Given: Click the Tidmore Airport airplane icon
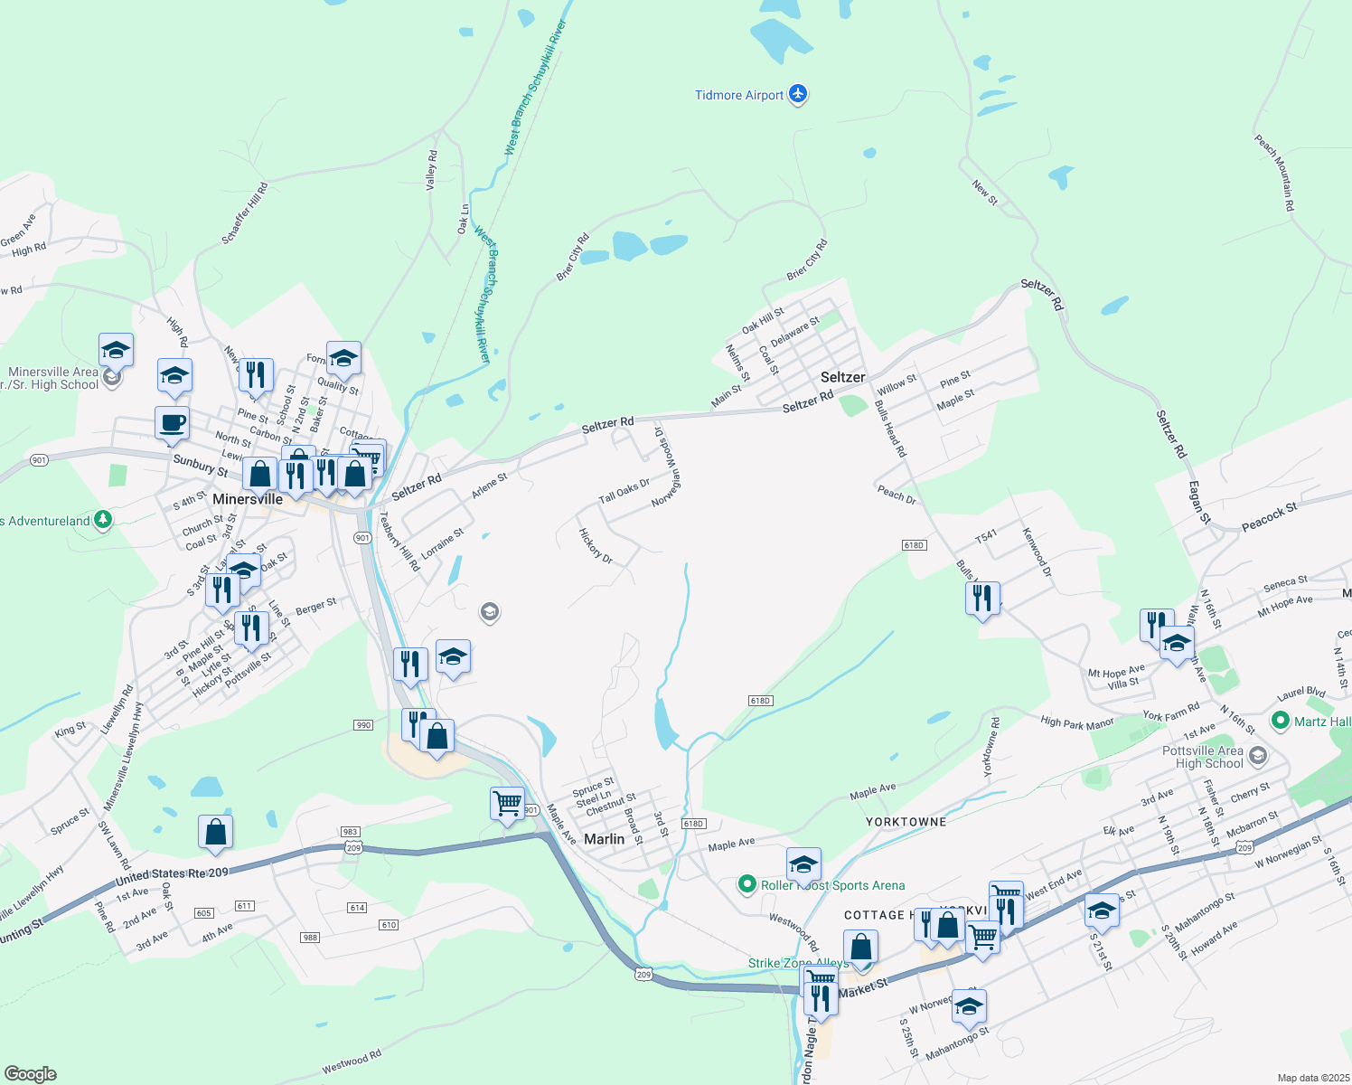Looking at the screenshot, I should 797,94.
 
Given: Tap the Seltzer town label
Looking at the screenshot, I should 842,377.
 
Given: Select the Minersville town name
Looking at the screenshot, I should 248,499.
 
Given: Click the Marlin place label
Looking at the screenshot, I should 604,839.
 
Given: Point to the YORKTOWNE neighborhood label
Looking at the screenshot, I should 906,822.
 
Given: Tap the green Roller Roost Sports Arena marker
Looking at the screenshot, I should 746,884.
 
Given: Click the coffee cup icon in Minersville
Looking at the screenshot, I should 172,422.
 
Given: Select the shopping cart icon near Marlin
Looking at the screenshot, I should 507,802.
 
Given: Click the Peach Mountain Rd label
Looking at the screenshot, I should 1274,174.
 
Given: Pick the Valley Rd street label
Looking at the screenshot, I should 432,170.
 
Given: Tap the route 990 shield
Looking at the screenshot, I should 363,725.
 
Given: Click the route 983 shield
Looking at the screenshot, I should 351,832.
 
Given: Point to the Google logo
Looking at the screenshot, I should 31,1074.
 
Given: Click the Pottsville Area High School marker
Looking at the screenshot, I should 1257,755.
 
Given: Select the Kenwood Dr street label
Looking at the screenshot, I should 1037,552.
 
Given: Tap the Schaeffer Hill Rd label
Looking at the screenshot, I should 245,214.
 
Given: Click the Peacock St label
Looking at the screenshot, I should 1269,516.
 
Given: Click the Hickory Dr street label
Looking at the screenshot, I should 596,546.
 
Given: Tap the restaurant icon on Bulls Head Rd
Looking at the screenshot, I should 981,599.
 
